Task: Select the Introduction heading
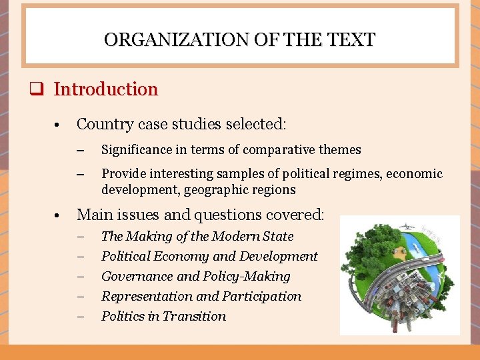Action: coord(105,89)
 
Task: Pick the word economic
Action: coord(414,174)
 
